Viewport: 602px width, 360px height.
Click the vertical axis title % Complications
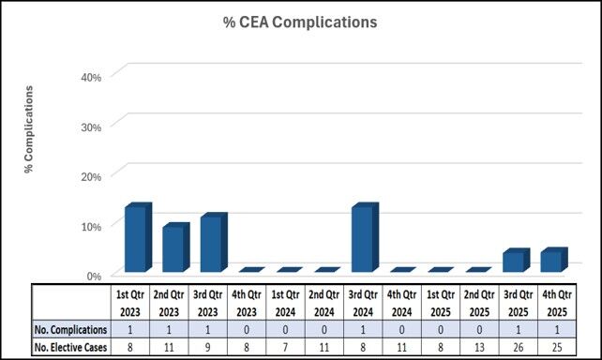point(29,130)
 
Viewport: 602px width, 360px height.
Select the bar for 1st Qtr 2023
point(136,240)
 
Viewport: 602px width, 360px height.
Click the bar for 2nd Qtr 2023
point(173,249)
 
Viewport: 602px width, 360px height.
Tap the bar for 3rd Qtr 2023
point(211,244)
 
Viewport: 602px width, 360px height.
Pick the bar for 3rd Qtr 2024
point(363,240)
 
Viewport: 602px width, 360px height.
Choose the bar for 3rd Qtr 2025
point(516,262)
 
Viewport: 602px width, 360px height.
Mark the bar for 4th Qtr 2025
point(553,261)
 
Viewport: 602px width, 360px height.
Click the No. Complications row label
point(70,330)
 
